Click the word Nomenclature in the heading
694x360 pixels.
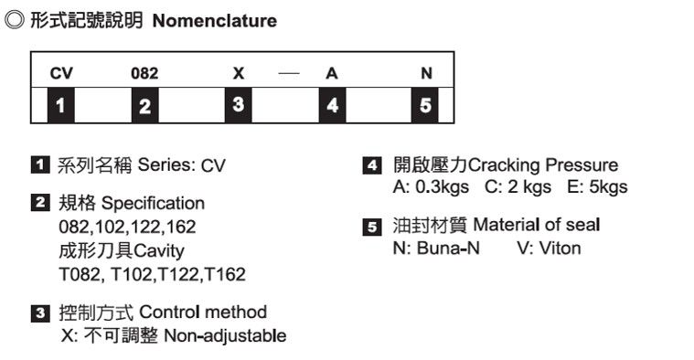(x=214, y=20)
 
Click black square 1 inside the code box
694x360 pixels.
(x=60, y=106)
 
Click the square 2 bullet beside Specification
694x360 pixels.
(x=41, y=203)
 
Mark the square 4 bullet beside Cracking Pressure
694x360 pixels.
(x=372, y=165)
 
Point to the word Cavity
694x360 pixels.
(x=160, y=249)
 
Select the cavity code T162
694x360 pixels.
(x=225, y=273)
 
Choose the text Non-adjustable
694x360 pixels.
(x=224, y=335)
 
